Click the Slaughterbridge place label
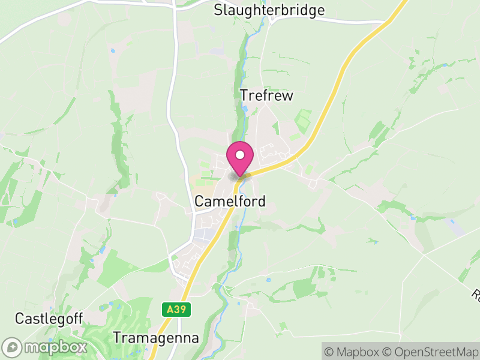tap(269, 10)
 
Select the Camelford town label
tap(230, 201)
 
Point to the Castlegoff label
tap(49, 318)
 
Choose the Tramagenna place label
tap(156, 338)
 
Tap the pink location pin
tap(240, 157)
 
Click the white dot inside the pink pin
tap(240, 155)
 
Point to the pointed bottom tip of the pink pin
tap(240, 176)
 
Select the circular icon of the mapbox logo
tap(13, 347)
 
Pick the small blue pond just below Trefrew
tap(244, 109)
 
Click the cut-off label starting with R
tap(476, 295)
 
